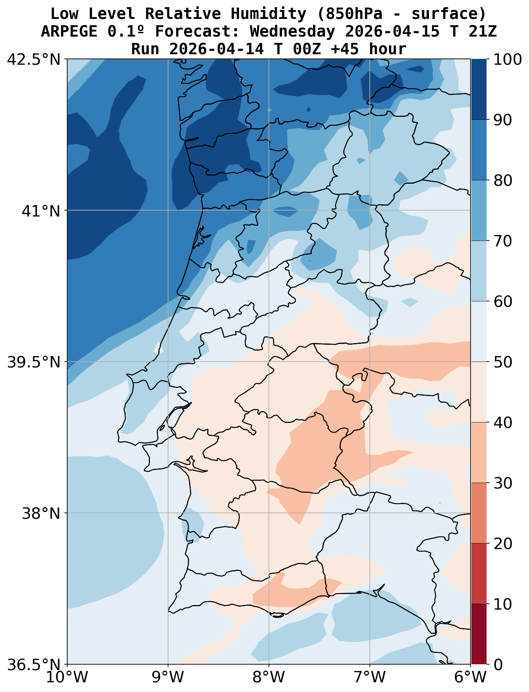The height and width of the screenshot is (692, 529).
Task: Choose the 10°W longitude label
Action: click(67, 677)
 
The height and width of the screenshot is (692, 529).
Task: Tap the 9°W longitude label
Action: click(168, 677)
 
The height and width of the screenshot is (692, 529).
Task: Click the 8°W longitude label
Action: click(269, 677)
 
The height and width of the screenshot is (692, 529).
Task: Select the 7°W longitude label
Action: click(370, 677)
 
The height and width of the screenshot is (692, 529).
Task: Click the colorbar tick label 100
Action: click(508, 59)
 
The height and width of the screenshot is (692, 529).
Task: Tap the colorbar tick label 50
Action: click(502, 362)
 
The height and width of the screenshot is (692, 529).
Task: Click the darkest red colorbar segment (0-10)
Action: click(479, 634)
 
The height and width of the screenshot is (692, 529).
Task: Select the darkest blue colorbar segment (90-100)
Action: click(479, 90)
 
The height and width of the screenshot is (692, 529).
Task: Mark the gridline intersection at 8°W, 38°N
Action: click(269, 513)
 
